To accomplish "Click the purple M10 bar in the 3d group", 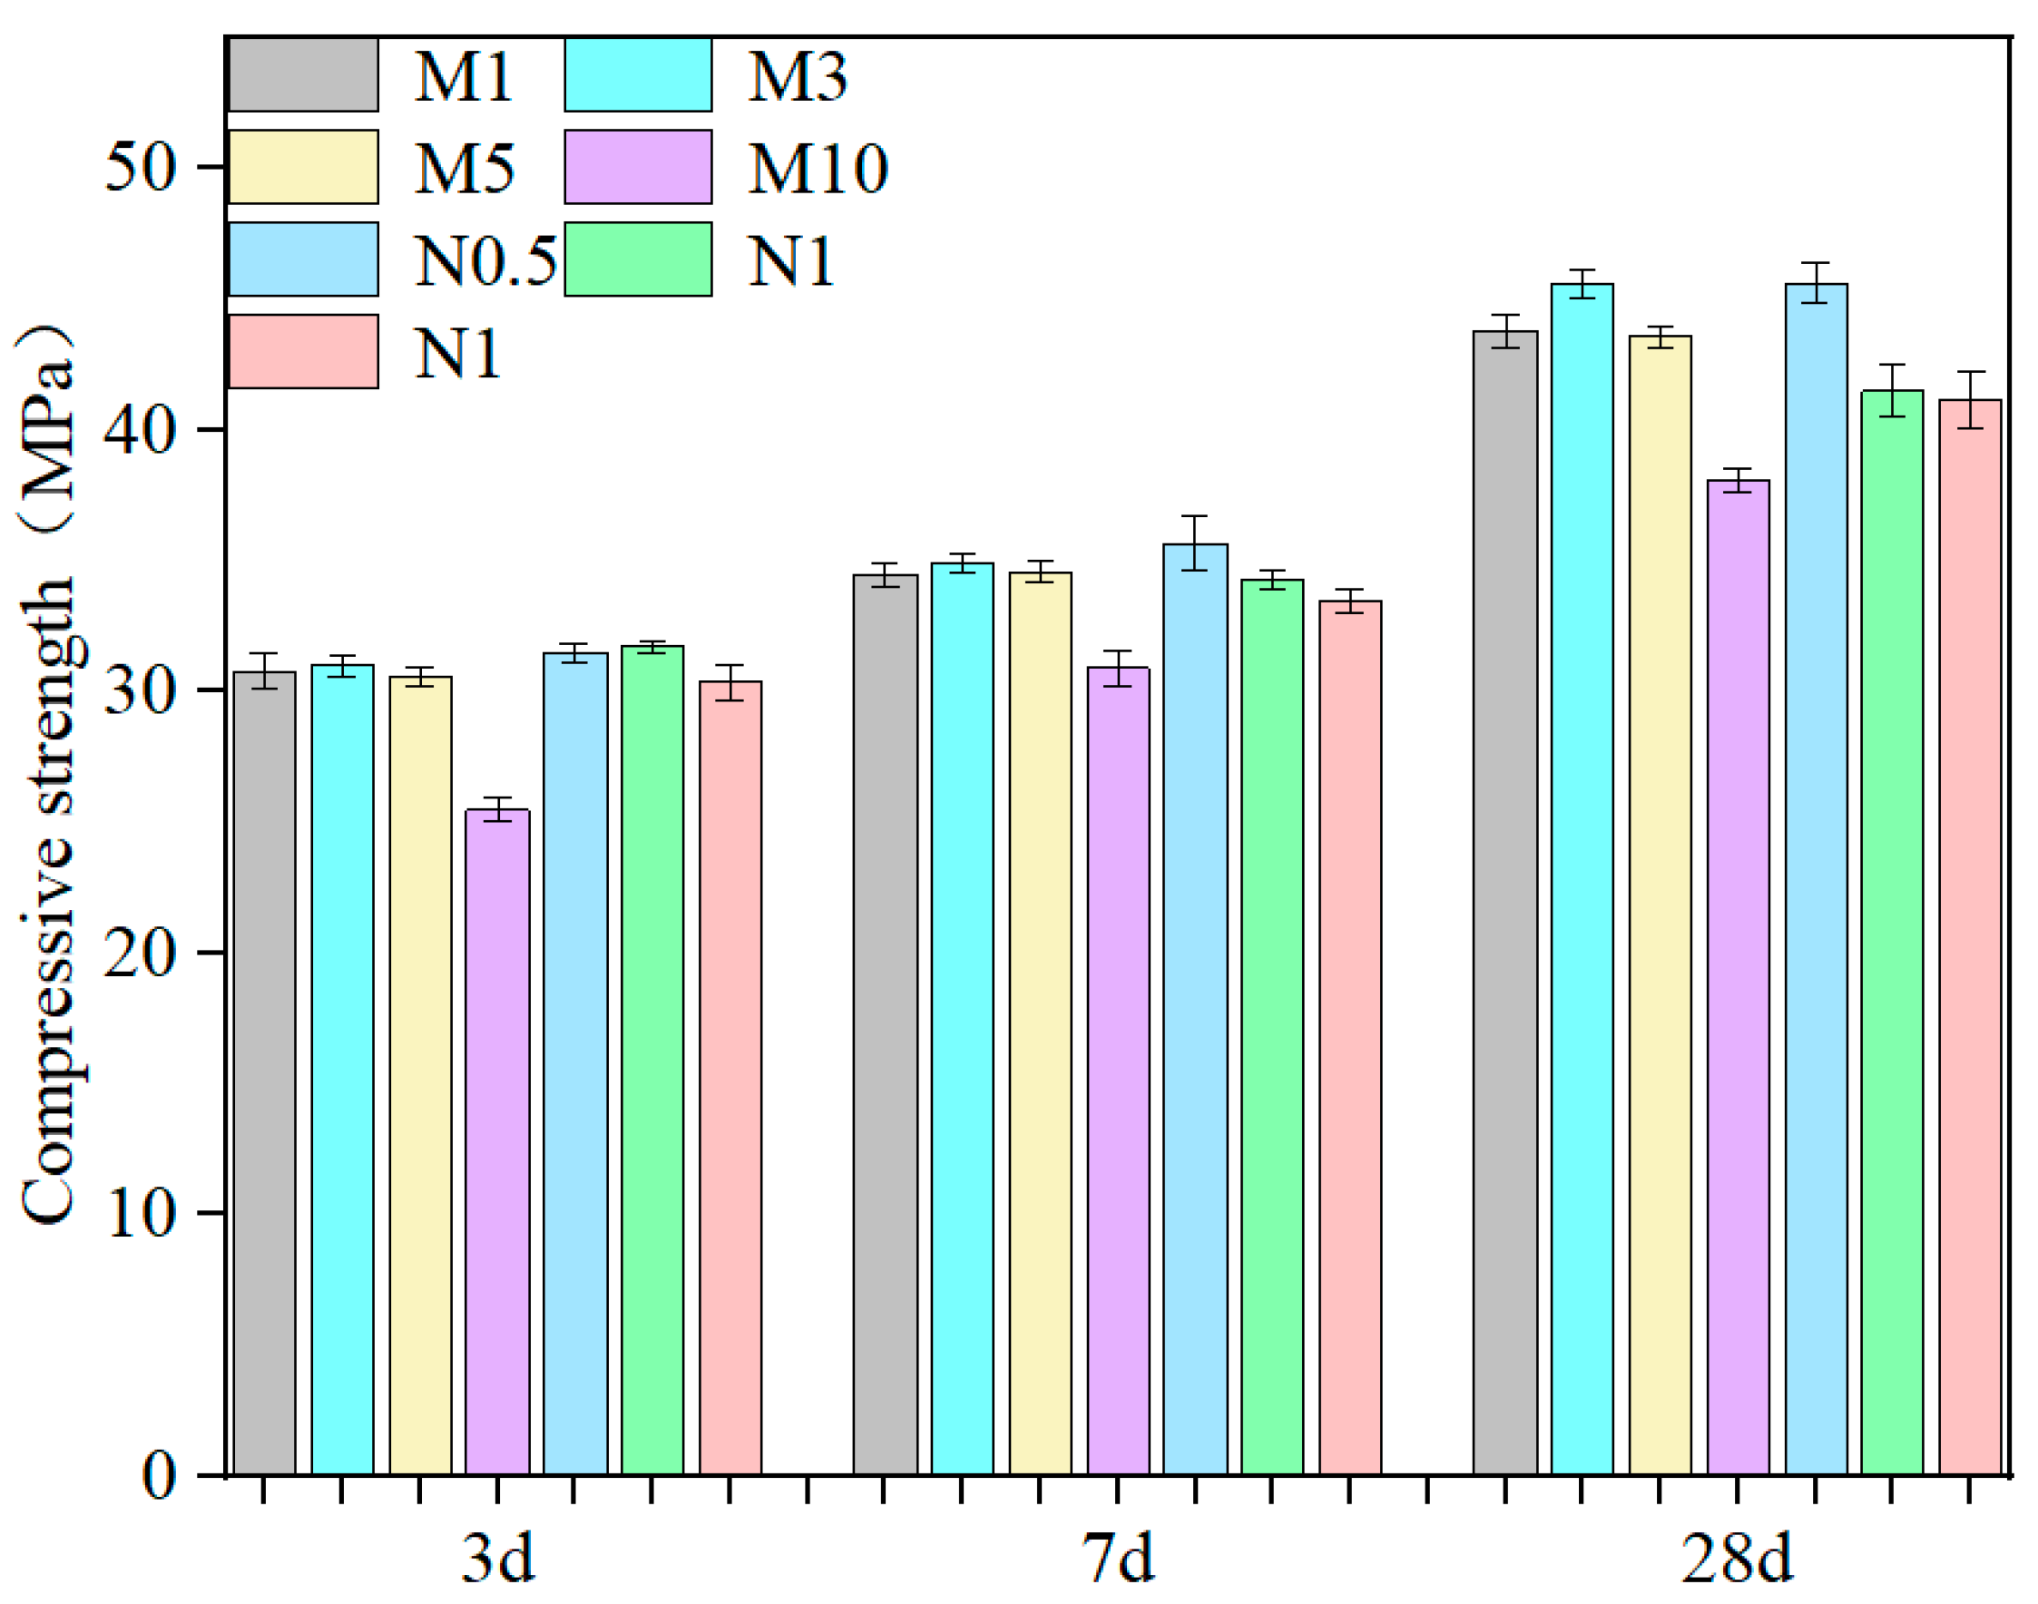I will [497, 1141].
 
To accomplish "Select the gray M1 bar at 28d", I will [1504, 902].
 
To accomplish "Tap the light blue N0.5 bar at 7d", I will [1195, 1010].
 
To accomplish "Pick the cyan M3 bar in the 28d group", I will [1582, 878].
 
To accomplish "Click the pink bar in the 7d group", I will [1349, 1038].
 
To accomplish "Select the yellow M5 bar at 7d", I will [1040, 1023].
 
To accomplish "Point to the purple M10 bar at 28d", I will [1738, 977].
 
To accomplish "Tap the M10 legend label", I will [817, 169].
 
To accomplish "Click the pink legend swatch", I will [303, 351].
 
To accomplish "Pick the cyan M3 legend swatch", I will [638, 75].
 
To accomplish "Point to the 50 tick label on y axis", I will [140, 169].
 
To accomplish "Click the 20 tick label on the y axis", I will [140, 954].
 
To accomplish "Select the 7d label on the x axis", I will [1118, 1558].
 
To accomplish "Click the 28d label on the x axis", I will [1737, 1558].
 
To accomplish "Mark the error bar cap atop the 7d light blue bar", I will [1195, 516].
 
